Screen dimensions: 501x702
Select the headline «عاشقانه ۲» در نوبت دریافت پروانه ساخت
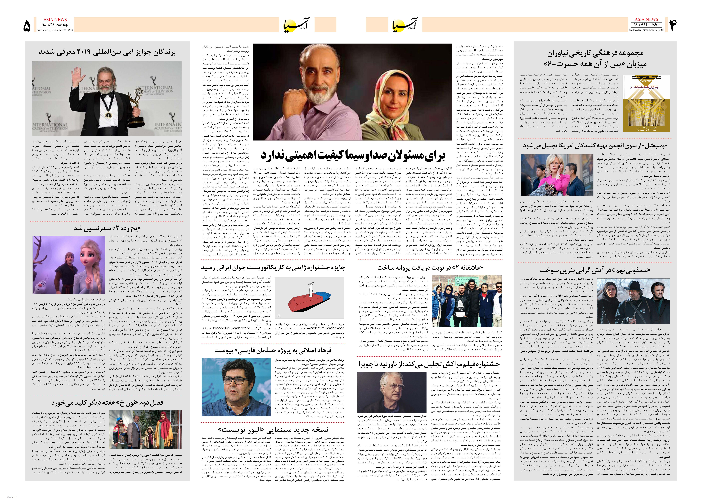click(x=430, y=267)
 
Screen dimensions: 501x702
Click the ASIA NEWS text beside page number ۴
click(x=646, y=19)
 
